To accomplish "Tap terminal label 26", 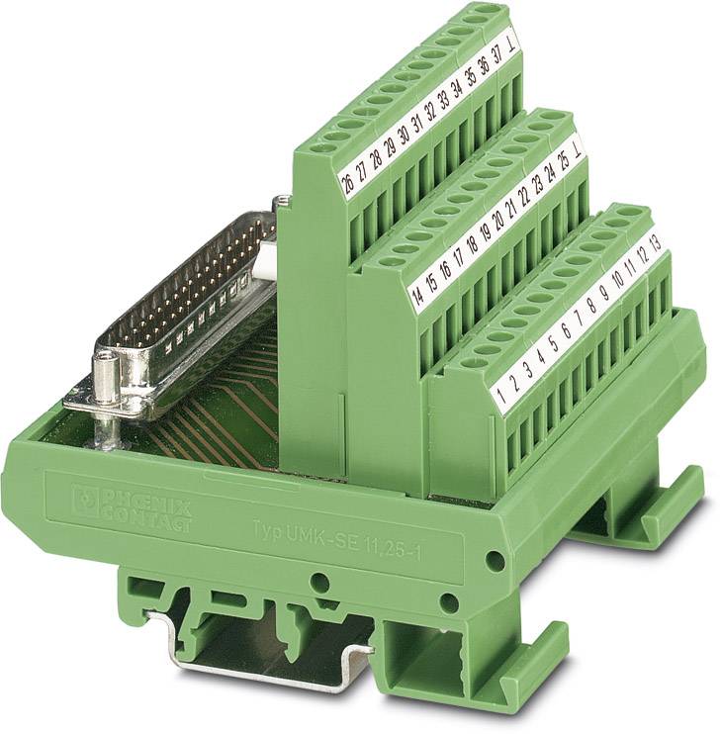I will tap(346, 185).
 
